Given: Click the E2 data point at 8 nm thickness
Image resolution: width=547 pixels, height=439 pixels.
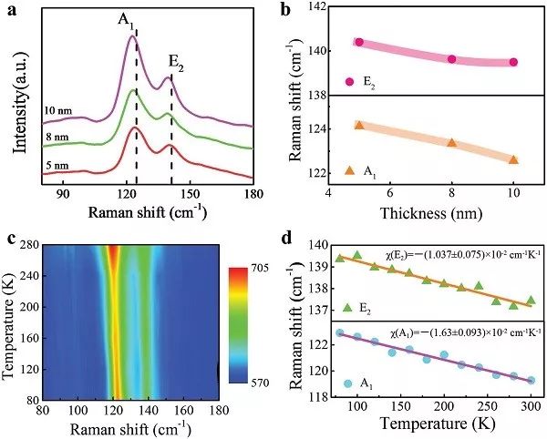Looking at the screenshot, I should coord(452,59).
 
